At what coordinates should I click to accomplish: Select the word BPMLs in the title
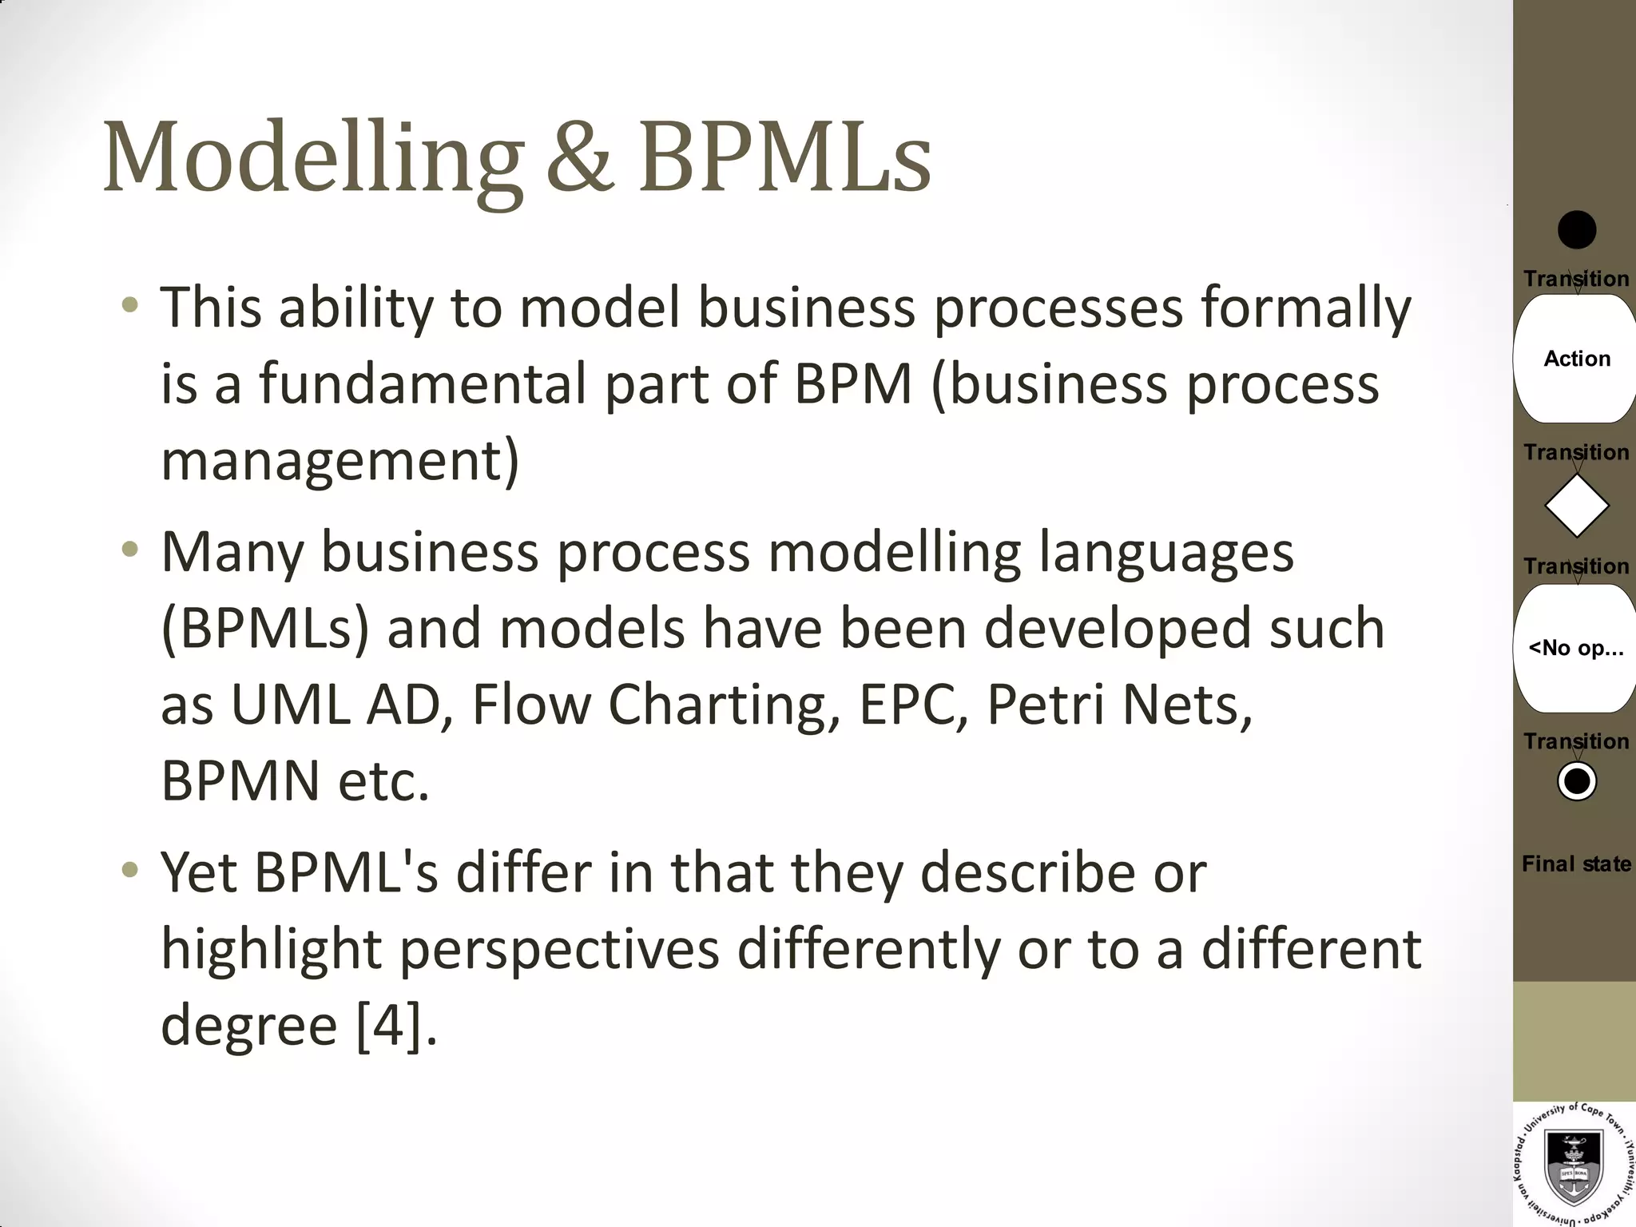click(x=784, y=157)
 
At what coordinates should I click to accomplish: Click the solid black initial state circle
click(x=1577, y=230)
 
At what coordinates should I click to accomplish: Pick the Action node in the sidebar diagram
click(x=1576, y=359)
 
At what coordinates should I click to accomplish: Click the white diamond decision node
click(x=1576, y=506)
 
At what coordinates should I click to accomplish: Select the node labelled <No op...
click(x=1576, y=648)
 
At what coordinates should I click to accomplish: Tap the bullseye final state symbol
click(x=1577, y=781)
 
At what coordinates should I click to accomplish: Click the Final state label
click(x=1576, y=864)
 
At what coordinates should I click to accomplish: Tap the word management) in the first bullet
click(x=340, y=461)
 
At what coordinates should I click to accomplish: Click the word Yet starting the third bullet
click(x=199, y=872)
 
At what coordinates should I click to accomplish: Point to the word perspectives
click(x=559, y=951)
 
